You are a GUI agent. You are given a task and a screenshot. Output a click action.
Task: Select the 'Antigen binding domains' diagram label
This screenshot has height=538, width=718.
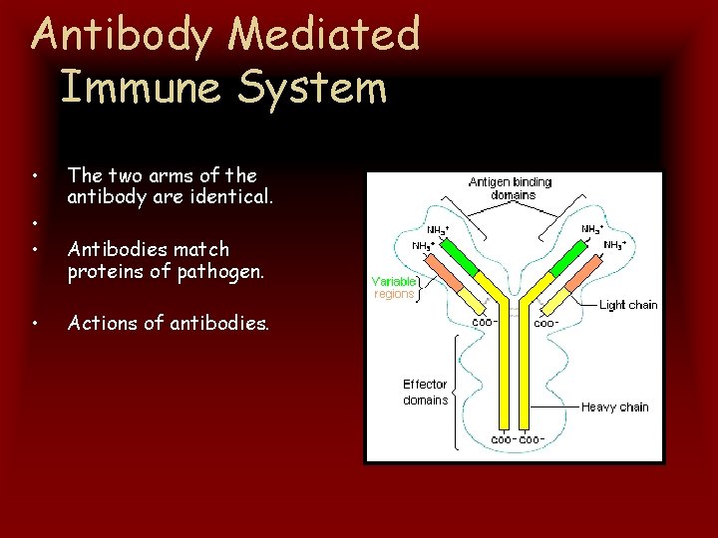[x=510, y=188]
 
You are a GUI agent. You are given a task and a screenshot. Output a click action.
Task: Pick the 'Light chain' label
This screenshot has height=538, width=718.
[x=628, y=305]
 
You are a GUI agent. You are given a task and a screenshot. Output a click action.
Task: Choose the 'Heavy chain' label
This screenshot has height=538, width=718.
[x=615, y=406]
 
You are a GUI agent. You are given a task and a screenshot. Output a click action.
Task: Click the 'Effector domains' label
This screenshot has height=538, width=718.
[x=425, y=392]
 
